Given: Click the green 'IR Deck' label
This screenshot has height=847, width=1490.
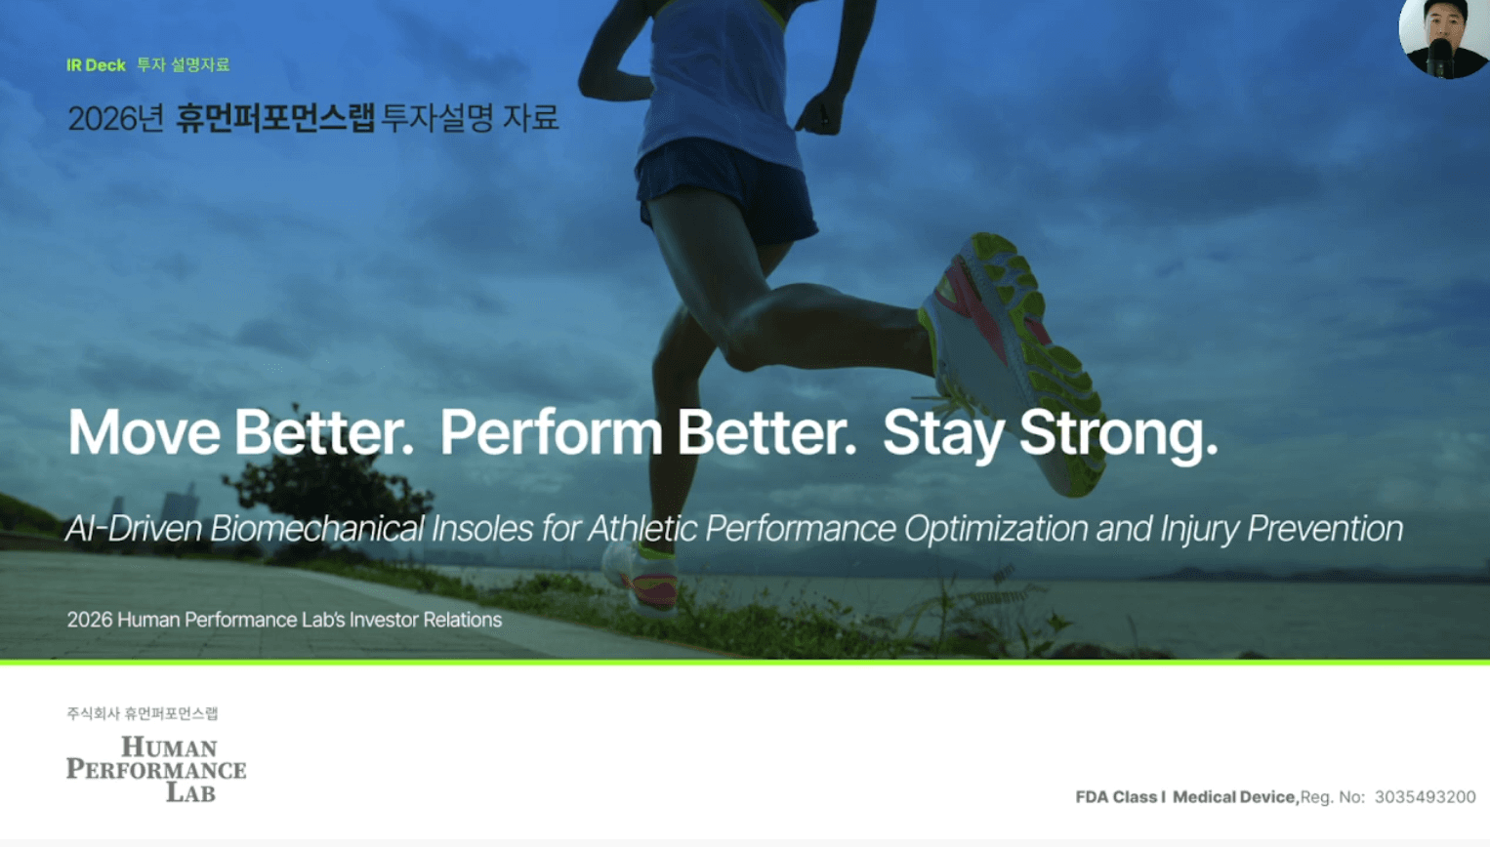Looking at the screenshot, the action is tap(96, 65).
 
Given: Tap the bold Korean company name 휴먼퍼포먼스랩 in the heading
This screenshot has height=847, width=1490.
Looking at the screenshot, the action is tap(275, 118).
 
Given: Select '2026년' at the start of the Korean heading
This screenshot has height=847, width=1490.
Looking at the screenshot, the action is tap(116, 118).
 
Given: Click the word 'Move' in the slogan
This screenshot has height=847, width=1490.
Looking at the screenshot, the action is tap(145, 433).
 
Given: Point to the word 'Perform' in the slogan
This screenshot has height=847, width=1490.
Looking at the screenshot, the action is tap(551, 433).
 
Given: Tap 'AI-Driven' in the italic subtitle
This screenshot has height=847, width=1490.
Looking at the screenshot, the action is tap(133, 529).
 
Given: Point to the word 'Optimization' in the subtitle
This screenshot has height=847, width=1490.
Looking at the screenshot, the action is tap(996, 530).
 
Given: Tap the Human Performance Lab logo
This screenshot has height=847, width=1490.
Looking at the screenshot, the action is tap(156, 769).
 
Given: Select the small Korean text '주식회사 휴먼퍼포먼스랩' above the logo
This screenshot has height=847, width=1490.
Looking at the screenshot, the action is tap(143, 713).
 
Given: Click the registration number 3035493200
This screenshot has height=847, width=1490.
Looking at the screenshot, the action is tap(1425, 796).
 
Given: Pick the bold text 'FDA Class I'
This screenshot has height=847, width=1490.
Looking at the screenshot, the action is tap(1120, 796).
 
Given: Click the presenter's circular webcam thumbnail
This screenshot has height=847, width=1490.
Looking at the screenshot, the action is tap(1443, 39).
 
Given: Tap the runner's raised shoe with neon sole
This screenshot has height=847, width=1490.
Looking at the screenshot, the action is tap(1013, 362).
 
